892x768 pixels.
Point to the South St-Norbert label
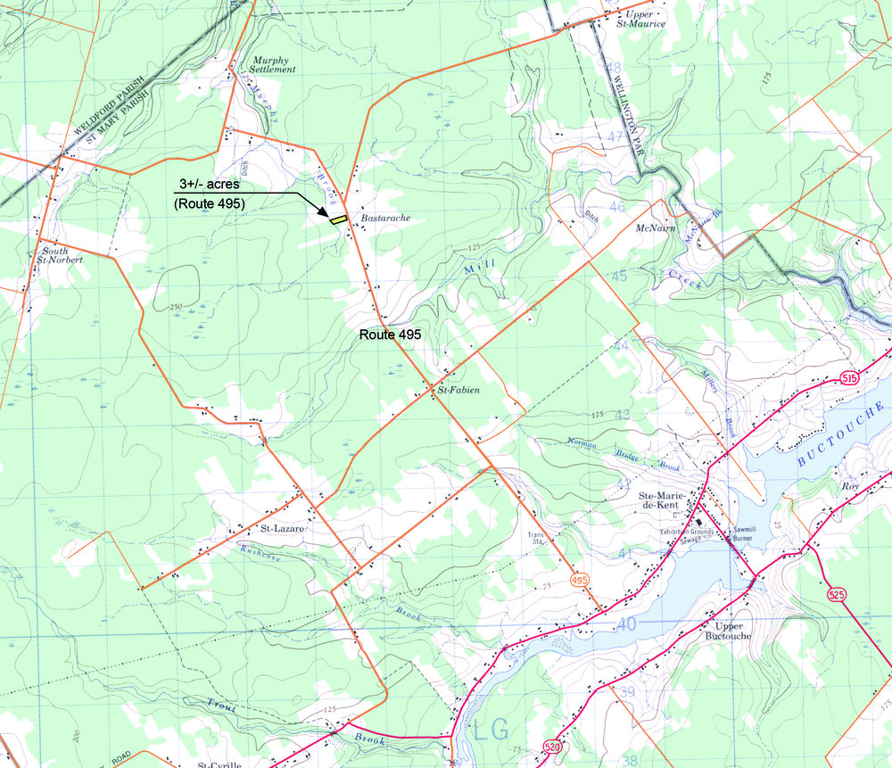tap(62, 256)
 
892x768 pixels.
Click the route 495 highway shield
tap(581, 580)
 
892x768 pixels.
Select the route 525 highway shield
tap(836, 595)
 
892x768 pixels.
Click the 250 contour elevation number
tap(176, 307)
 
